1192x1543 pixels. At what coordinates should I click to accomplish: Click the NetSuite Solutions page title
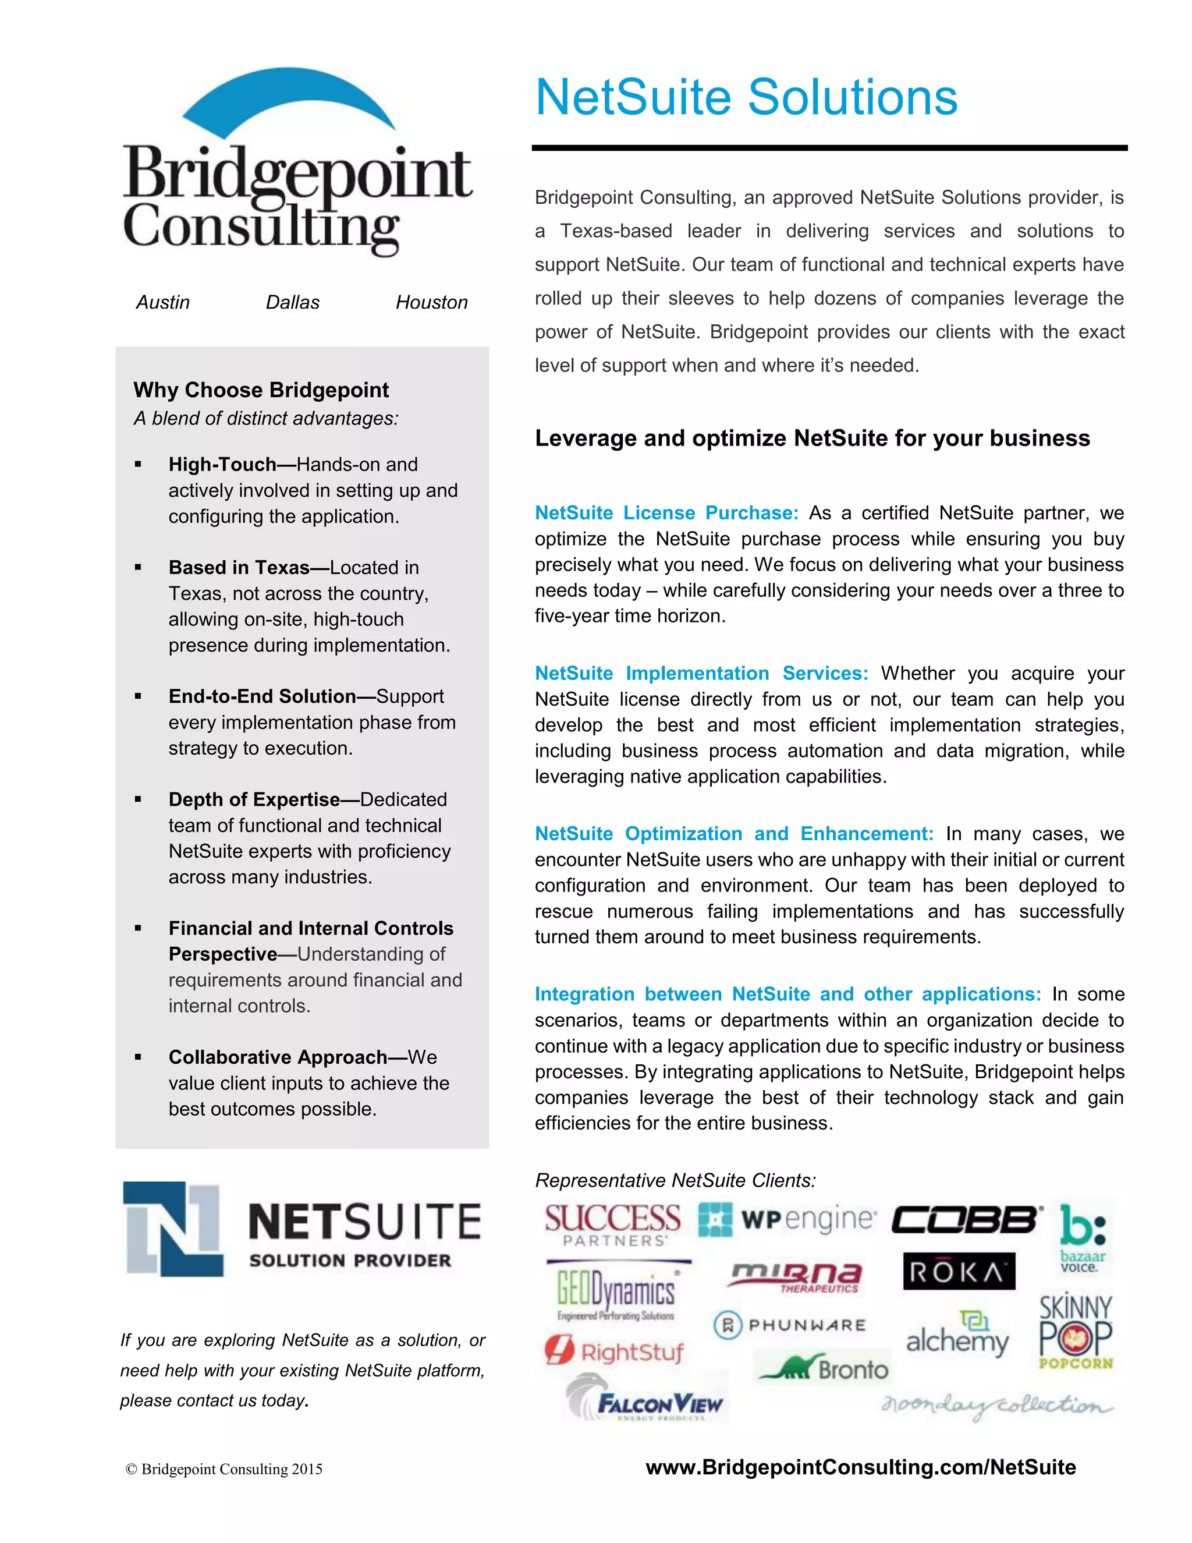(746, 97)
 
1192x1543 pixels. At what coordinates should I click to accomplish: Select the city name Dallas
(292, 302)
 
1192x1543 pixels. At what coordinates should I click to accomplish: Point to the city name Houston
(431, 302)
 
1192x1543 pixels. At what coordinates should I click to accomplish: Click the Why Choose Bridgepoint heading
(261, 390)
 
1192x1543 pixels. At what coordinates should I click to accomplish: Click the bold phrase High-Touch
(222, 464)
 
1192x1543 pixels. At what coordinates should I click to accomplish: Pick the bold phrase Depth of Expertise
(254, 799)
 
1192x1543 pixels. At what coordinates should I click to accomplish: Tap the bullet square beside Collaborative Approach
(139, 1057)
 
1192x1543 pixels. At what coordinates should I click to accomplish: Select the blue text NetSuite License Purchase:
(666, 513)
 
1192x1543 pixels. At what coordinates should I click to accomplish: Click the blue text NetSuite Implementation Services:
(701, 673)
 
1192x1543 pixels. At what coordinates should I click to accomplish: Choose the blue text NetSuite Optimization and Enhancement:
(734, 834)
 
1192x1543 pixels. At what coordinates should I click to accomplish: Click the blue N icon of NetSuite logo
(173, 1229)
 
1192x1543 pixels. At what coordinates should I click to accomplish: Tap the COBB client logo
(966, 1220)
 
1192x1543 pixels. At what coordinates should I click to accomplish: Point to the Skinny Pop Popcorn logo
(1075, 1332)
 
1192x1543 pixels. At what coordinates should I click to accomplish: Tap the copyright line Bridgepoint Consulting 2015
(224, 1469)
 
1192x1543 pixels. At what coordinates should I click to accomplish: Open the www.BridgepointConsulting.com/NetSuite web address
(860, 1467)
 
